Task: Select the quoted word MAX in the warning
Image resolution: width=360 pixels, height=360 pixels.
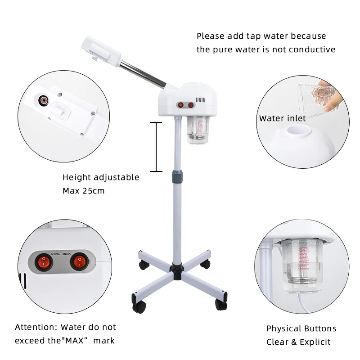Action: [x=75, y=341]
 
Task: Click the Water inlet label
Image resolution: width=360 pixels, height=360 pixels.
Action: [x=283, y=118]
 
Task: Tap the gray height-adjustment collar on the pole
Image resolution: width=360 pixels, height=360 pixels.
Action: [x=177, y=176]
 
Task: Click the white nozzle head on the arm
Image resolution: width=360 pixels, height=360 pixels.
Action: [x=101, y=51]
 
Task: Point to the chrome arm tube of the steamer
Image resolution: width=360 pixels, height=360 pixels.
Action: [x=143, y=75]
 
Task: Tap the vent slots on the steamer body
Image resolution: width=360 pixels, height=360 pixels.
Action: [x=200, y=100]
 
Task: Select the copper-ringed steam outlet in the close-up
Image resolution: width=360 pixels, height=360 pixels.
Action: [x=43, y=100]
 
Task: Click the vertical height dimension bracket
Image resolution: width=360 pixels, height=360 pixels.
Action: [x=156, y=147]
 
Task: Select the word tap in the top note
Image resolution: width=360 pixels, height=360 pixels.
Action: [x=254, y=36]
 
